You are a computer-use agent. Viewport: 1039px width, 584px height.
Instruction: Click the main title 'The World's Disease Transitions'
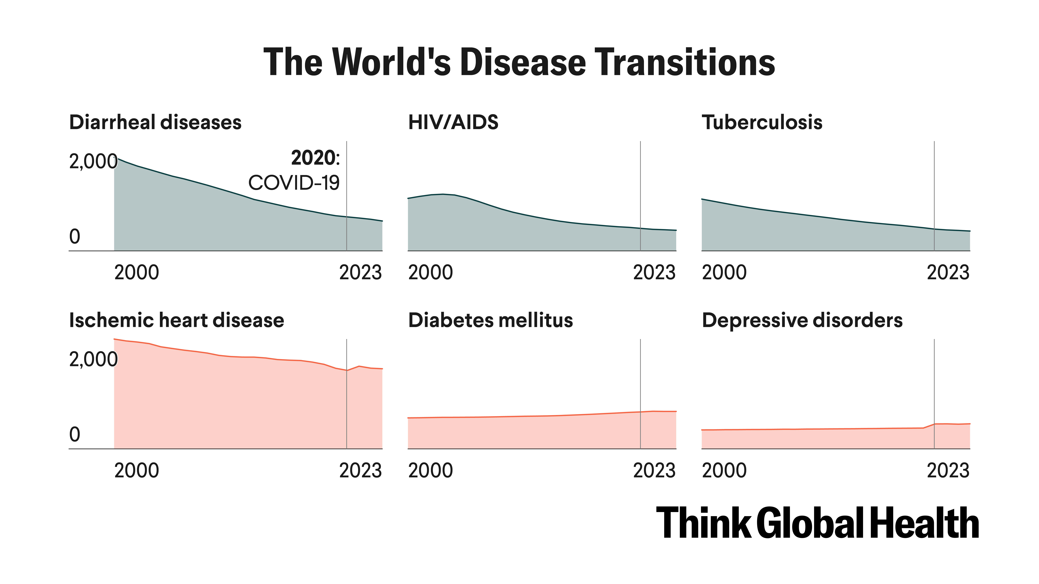tap(519, 62)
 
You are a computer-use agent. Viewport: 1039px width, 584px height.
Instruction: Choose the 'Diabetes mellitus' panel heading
tap(490, 320)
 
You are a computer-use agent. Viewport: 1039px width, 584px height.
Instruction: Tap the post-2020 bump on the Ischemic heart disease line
tap(359, 366)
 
